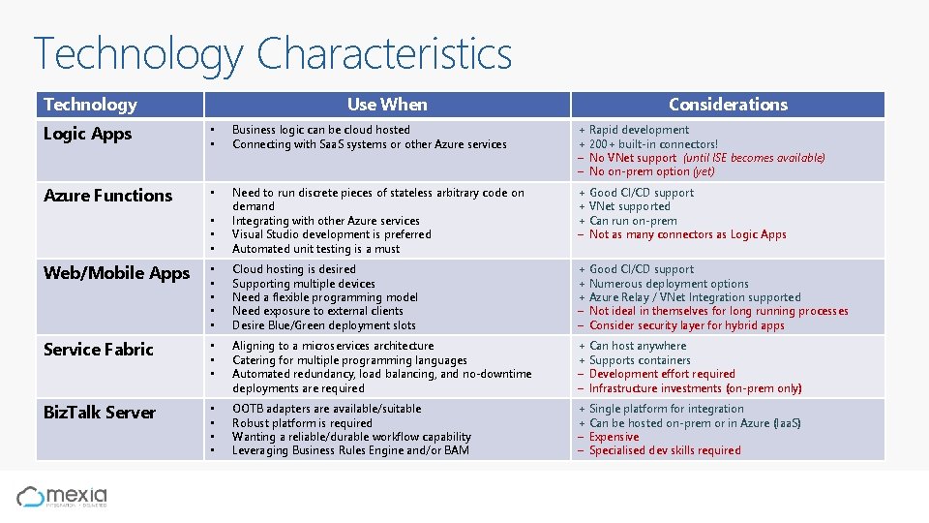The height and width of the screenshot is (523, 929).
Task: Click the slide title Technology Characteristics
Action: (272, 54)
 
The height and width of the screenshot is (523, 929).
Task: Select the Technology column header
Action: (90, 105)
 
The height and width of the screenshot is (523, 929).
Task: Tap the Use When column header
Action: (387, 105)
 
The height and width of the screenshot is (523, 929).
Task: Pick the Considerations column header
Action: (728, 105)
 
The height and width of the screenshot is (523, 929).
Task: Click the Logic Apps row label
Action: (87, 134)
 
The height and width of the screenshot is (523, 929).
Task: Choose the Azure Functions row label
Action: (107, 196)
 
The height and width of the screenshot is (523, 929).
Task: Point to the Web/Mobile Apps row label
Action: (116, 273)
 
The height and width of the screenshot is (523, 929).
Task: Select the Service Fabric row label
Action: (98, 350)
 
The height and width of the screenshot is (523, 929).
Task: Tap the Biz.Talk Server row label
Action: (99, 413)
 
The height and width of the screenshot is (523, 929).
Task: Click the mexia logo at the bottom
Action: (62, 497)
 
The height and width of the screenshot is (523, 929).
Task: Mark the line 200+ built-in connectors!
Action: (653, 144)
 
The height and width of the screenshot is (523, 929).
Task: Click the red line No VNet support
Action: (633, 158)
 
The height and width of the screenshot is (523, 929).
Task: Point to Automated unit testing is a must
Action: (315, 249)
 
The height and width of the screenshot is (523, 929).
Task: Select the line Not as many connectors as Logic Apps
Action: (687, 234)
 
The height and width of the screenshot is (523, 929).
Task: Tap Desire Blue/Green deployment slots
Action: (323, 325)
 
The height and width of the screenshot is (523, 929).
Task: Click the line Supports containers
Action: (640, 360)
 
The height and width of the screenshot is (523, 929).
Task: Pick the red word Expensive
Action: (614, 437)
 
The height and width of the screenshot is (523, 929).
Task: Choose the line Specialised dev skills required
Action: (665, 450)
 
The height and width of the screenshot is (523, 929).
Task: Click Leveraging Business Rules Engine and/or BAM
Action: (351, 450)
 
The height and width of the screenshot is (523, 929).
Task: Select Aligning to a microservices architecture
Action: (333, 346)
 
